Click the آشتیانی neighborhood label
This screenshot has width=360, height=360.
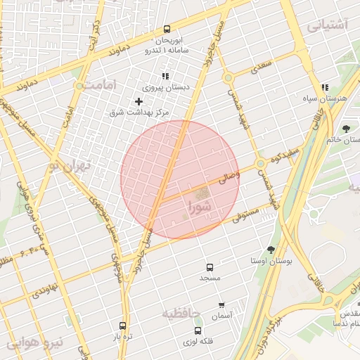pos(327,25)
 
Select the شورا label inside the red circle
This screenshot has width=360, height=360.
pos(200,207)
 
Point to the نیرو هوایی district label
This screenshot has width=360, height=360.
pos(35,343)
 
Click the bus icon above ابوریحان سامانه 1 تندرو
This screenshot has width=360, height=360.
pos(167,30)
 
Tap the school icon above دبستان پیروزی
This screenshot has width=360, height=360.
pos(165,77)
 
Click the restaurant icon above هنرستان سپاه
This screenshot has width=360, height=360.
pos(325,88)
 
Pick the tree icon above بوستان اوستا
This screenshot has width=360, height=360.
pos(271,250)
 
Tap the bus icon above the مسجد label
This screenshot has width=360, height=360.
pos(210,267)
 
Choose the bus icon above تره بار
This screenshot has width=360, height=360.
pos(122,326)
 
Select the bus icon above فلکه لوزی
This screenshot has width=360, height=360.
pos(198,330)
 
